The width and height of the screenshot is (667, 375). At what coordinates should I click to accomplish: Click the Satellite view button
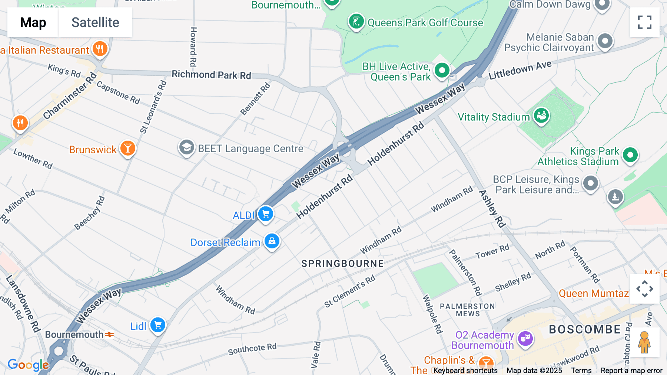pyautogui.click(x=95, y=22)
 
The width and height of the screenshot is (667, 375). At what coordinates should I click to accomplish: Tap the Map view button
pyautogui.click(x=33, y=22)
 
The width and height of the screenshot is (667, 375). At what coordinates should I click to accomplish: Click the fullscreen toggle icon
pyautogui.click(x=644, y=22)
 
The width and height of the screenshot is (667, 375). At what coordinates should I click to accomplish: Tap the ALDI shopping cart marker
pyautogui.click(x=266, y=214)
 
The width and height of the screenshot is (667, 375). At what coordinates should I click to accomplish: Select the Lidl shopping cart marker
pyautogui.click(x=158, y=325)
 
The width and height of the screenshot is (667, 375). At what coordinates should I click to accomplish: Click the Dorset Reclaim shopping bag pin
pyautogui.click(x=272, y=241)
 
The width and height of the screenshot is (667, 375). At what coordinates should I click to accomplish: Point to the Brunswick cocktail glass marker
pyautogui.click(x=128, y=148)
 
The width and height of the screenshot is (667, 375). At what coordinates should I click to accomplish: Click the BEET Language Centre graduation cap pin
pyautogui.click(x=186, y=148)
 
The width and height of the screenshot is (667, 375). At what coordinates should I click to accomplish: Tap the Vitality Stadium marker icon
pyautogui.click(x=541, y=115)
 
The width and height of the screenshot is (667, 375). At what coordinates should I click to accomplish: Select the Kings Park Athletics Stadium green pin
pyautogui.click(x=630, y=154)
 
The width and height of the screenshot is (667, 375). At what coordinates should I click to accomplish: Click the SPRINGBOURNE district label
pyautogui.click(x=342, y=264)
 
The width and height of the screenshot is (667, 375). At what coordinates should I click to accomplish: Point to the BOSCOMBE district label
pyautogui.click(x=585, y=329)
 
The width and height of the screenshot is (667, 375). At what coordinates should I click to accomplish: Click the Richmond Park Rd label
pyautogui.click(x=211, y=75)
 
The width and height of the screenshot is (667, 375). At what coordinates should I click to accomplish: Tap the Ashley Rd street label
pyautogui.click(x=492, y=209)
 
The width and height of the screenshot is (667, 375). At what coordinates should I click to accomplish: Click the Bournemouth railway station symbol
pyautogui.click(x=109, y=335)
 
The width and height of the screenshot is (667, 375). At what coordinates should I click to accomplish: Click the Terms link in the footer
pyautogui.click(x=581, y=371)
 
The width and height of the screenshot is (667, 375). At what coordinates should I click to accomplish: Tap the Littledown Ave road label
pyautogui.click(x=520, y=70)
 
